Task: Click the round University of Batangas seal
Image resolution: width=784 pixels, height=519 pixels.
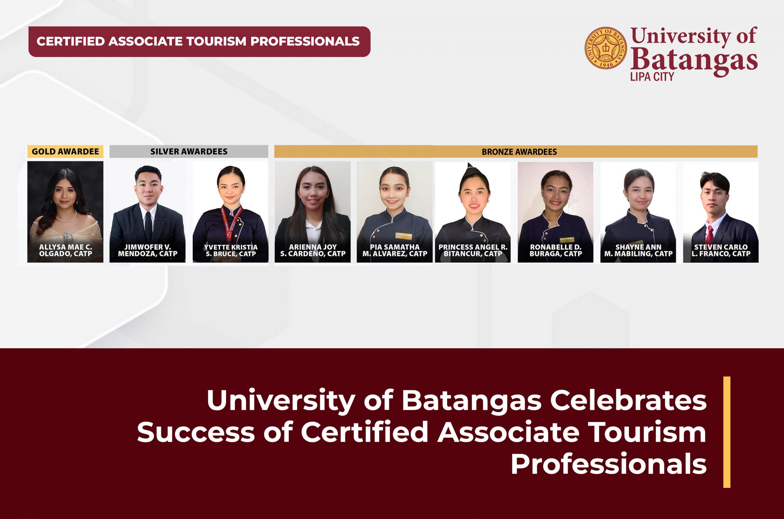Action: coord(606,48)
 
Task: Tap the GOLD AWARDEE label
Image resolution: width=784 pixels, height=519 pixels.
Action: coord(65,152)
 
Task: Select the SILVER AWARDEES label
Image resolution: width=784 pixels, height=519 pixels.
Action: coord(189,152)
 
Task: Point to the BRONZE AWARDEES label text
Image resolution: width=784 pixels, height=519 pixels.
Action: coord(519,152)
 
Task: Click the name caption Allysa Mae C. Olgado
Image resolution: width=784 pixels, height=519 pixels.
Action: coord(66,251)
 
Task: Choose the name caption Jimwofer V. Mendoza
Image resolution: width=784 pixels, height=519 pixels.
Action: coord(148,251)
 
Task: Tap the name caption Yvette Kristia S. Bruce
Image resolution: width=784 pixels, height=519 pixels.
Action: coord(231,251)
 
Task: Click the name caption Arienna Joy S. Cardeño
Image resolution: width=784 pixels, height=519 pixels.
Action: coord(313,251)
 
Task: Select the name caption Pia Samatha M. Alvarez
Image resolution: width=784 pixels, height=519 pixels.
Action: coord(395,251)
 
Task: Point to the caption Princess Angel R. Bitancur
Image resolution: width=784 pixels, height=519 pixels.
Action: coord(473,251)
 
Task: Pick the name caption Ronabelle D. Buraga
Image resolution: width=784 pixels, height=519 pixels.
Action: coord(556,251)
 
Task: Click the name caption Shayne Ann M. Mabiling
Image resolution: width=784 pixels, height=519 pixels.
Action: coord(638,251)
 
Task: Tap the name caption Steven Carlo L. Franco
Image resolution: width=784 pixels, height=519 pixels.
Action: coord(721,251)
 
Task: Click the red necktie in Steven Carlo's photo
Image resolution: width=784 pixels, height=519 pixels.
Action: coord(709,235)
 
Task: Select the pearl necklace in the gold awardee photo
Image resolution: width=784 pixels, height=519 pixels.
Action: coord(66,218)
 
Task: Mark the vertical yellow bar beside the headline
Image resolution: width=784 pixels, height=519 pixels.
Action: coord(727,432)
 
